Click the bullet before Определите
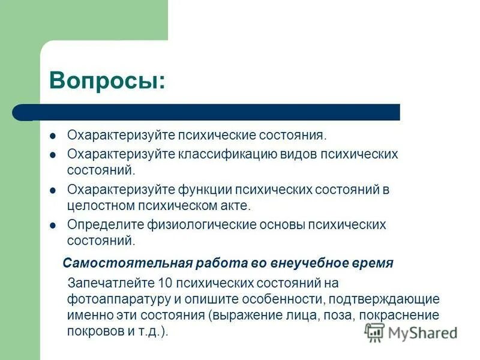point(53,226)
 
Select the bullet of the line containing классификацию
point(53,155)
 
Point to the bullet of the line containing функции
point(53,190)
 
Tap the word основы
point(280,226)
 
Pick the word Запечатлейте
point(104,283)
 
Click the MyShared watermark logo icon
point(375,332)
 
